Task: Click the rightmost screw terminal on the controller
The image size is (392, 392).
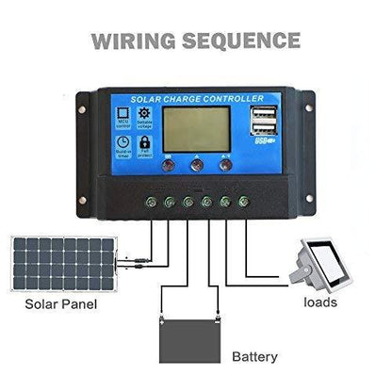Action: [244, 201]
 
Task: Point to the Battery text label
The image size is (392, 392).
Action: [254, 357]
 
